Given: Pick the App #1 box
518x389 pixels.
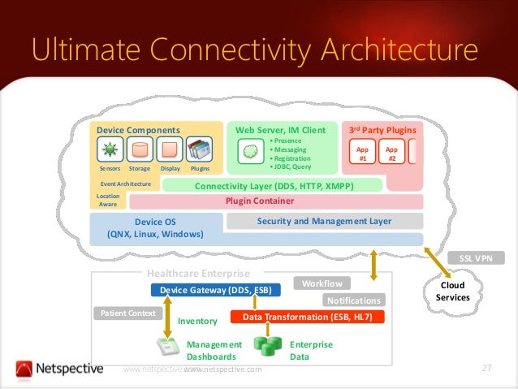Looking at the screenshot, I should pyautogui.click(x=362, y=153).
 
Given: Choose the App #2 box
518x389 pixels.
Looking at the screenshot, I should pyautogui.click(x=391, y=153).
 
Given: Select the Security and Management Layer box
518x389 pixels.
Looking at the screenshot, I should pyautogui.click(x=324, y=221).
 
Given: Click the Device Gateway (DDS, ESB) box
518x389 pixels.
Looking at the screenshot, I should pyautogui.click(x=215, y=290).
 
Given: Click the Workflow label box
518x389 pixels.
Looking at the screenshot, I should pyautogui.click(x=322, y=283).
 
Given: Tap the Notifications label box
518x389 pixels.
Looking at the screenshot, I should pyautogui.click(x=353, y=300).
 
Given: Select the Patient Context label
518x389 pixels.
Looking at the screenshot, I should pyautogui.click(x=128, y=313).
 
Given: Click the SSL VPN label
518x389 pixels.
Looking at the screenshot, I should pyautogui.click(x=477, y=258).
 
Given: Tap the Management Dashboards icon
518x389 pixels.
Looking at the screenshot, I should pyautogui.click(x=167, y=347).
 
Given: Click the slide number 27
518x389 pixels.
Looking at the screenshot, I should pyautogui.click(x=487, y=370).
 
